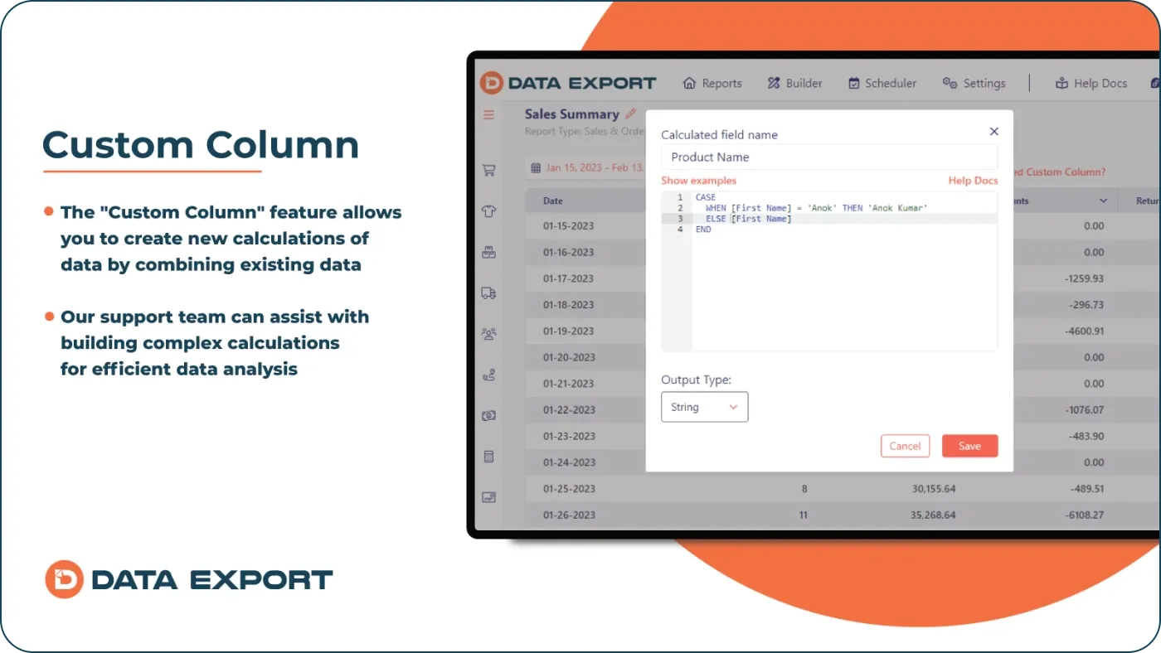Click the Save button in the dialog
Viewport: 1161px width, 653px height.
click(x=969, y=446)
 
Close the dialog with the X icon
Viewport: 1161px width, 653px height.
click(x=994, y=131)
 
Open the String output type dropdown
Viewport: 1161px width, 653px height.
click(x=704, y=407)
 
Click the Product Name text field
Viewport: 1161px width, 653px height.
click(x=829, y=157)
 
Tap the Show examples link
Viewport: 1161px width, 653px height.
click(x=698, y=181)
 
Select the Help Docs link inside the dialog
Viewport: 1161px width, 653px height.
click(x=973, y=181)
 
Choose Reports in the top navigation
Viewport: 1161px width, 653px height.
click(x=712, y=83)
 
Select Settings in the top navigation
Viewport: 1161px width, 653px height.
click(x=974, y=83)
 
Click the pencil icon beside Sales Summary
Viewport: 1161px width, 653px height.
click(x=630, y=114)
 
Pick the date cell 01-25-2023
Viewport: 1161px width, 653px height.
click(x=569, y=488)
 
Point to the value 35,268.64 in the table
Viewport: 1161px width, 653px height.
click(x=933, y=515)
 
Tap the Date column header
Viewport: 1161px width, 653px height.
click(x=553, y=201)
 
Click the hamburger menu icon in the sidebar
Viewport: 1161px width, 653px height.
click(x=488, y=114)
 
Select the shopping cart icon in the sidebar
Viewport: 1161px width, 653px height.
click(x=488, y=171)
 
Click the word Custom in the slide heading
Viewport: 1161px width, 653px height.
click(x=116, y=144)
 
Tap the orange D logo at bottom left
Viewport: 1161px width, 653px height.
click(x=64, y=579)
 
